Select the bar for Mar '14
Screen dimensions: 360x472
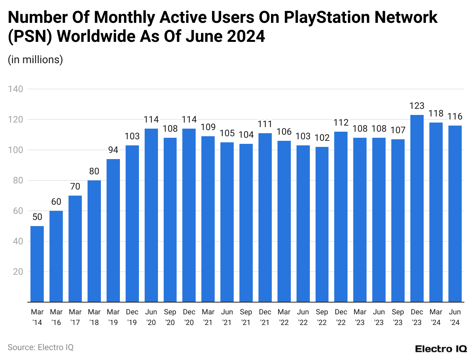pyautogui.click(x=37, y=264)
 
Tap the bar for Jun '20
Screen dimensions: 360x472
pyautogui.click(x=151, y=215)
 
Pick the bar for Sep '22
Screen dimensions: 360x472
pyautogui.click(x=322, y=225)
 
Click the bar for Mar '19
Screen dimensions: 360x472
pyautogui.click(x=113, y=231)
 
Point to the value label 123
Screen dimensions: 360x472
pyautogui.click(x=417, y=106)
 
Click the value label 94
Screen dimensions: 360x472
pyautogui.click(x=113, y=150)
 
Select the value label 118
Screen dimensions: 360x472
pyautogui.click(x=436, y=113)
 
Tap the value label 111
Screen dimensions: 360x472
pyautogui.click(x=265, y=124)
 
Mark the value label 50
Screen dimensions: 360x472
pyautogui.click(x=37, y=217)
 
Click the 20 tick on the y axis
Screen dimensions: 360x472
pyautogui.click(x=18, y=272)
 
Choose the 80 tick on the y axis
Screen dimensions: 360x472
pyautogui.click(x=18, y=180)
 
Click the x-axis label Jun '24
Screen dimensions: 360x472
pyautogui.click(x=455, y=317)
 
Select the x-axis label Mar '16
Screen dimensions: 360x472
pyautogui.click(x=56, y=317)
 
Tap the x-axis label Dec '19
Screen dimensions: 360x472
pyautogui.click(x=132, y=317)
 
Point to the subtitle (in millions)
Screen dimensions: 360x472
pyautogui.click(x=35, y=60)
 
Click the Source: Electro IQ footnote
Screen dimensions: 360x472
pyautogui.click(x=40, y=347)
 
